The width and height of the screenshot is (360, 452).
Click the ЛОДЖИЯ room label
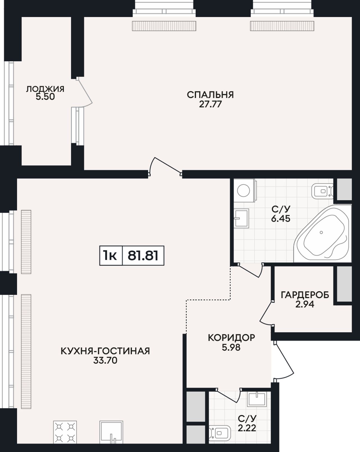click(45, 89)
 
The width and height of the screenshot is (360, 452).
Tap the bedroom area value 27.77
click(210, 104)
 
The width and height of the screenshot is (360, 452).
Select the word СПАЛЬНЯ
click(210, 95)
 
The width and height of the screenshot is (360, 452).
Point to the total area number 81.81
click(143, 256)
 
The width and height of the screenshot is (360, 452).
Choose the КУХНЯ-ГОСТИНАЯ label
click(105, 351)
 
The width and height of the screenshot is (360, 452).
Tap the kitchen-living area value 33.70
click(105, 361)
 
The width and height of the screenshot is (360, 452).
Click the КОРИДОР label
click(231, 338)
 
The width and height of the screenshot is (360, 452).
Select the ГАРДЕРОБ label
click(305, 295)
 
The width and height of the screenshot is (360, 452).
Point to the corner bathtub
click(323, 233)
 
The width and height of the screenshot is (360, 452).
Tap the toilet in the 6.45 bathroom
click(322, 191)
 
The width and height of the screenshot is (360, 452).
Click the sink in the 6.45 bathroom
click(242, 218)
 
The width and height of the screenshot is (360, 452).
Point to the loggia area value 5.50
click(45, 97)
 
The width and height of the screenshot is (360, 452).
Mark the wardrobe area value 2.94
click(305, 304)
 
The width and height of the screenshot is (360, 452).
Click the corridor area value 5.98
click(231, 347)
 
